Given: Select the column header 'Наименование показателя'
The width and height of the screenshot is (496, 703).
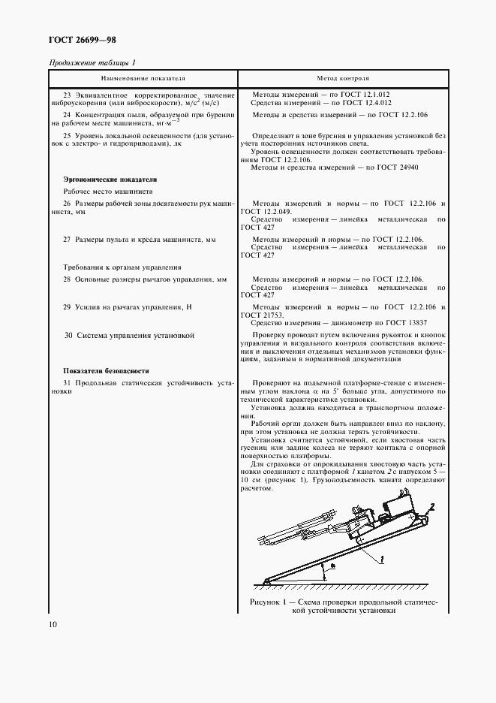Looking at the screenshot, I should (x=143, y=77).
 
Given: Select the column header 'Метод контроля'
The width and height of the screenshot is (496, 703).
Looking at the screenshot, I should (x=343, y=77).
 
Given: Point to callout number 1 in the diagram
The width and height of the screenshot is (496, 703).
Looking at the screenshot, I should (x=382, y=560).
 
